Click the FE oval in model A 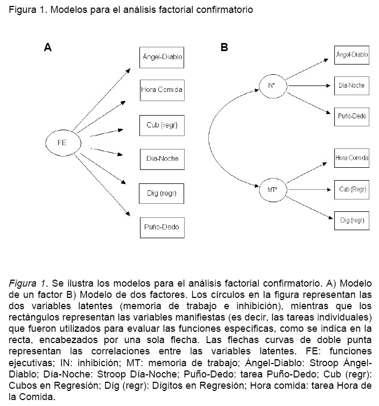pos(62,143)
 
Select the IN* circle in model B pos(271,86)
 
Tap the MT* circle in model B pos(271,190)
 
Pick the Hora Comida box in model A pos(162,90)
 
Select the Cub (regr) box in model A pos(162,125)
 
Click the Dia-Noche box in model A pos(162,159)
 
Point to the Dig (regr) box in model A pos(162,193)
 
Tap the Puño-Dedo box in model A pos(162,227)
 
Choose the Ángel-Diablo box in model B pos(352,55)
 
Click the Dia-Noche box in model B pos(352,86)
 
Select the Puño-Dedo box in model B pos(352,115)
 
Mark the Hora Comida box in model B pos(352,158)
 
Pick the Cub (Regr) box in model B pos(352,189)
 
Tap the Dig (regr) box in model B pos(352,220)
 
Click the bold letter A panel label pos(48,47)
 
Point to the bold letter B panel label pos(224,47)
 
